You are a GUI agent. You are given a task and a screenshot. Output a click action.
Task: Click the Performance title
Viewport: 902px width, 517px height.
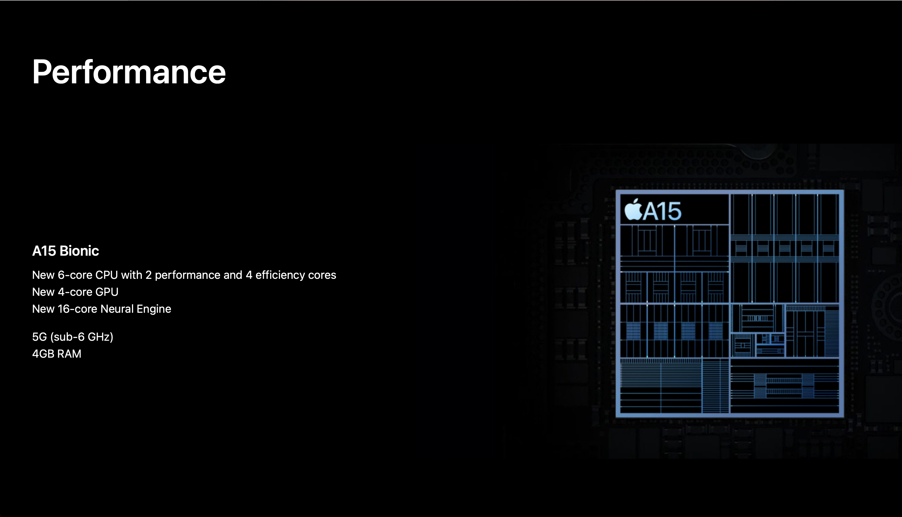129,72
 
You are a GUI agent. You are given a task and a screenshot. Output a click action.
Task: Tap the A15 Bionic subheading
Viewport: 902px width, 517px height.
65,251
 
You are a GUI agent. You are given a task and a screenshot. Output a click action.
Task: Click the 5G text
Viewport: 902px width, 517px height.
39,337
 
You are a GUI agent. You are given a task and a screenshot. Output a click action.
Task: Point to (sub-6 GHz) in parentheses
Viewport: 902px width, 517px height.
82,337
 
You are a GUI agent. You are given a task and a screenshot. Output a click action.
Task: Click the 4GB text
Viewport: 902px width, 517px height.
43,354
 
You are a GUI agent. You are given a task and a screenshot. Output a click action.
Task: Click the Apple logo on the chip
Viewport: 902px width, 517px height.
633,210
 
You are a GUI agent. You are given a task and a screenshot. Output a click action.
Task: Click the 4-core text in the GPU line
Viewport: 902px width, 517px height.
75,292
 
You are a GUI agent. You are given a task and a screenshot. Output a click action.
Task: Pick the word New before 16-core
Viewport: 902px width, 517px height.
43,309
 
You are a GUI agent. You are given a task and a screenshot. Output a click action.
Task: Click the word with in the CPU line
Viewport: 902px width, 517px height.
132,275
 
